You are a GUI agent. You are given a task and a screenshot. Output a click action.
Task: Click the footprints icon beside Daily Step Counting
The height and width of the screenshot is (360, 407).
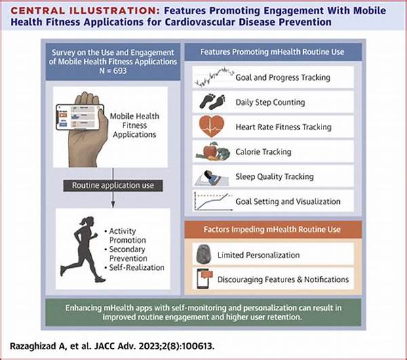213,102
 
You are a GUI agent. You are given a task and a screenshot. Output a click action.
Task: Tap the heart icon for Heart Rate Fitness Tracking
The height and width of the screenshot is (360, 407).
213,127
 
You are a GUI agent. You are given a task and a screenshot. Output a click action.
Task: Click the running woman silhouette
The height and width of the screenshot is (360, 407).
84,247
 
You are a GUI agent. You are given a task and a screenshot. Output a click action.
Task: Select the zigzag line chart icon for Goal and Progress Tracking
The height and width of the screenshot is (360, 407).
213,77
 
